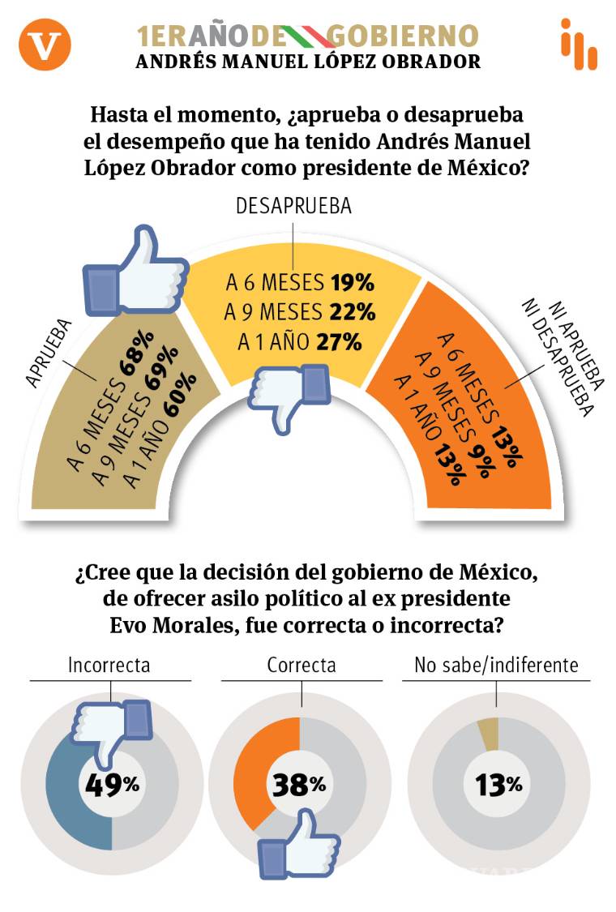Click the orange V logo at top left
[45, 45]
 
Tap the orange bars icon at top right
[579, 44]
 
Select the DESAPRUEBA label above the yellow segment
[293, 206]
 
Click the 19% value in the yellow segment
[352, 283]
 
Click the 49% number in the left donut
[110, 784]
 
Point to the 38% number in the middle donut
[297, 784]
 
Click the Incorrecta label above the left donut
[109, 666]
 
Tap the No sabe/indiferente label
[496, 666]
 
